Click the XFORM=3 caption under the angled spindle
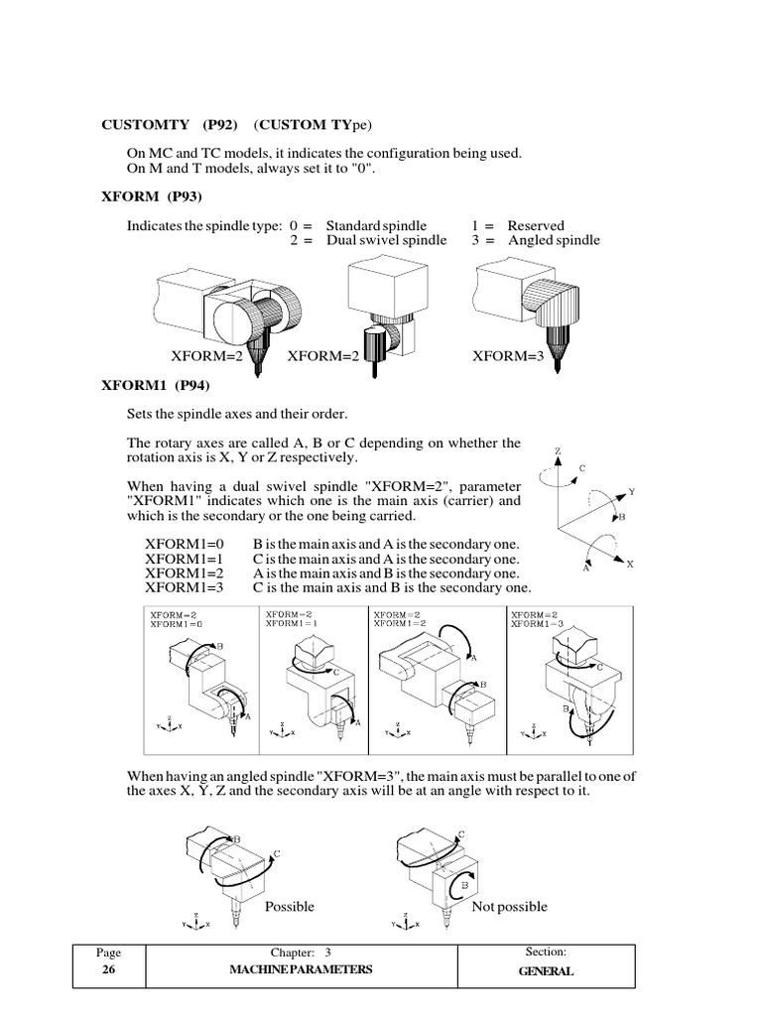click(508, 357)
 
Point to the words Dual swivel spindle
click(386, 240)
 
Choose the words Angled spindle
click(554, 240)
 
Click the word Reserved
click(536, 225)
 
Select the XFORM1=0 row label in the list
click(186, 545)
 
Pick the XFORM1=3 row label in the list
click(186, 587)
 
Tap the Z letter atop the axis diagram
click(558, 451)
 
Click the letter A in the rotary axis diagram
click(586, 570)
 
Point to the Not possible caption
click(509, 906)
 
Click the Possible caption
click(290, 906)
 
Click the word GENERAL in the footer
click(546, 971)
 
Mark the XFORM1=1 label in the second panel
click(290, 624)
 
